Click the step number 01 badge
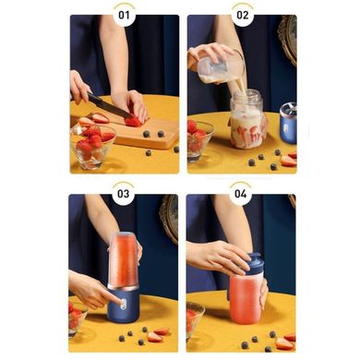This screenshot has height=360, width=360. (124, 15)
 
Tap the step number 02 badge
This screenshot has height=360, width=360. (242, 15)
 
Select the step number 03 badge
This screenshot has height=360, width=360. (123, 194)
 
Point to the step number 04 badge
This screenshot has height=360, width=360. (241, 194)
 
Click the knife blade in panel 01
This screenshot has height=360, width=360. (111, 106)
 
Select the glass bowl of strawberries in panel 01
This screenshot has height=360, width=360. (92, 146)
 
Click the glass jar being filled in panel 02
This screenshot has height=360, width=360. (248, 119)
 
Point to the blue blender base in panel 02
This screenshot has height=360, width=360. (288, 123)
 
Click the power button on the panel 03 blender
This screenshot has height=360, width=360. (124, 305)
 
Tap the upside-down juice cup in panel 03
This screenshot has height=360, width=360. (123, 260)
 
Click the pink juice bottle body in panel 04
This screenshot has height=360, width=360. (246, 299)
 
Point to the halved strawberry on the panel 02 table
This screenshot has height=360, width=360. (288, 161)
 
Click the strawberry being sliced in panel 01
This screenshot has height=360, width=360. (134, 121)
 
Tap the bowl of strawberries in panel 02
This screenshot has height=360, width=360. (199, 140)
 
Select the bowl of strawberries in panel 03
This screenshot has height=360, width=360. (78, 319)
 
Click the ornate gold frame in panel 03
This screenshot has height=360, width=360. (169, 218)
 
